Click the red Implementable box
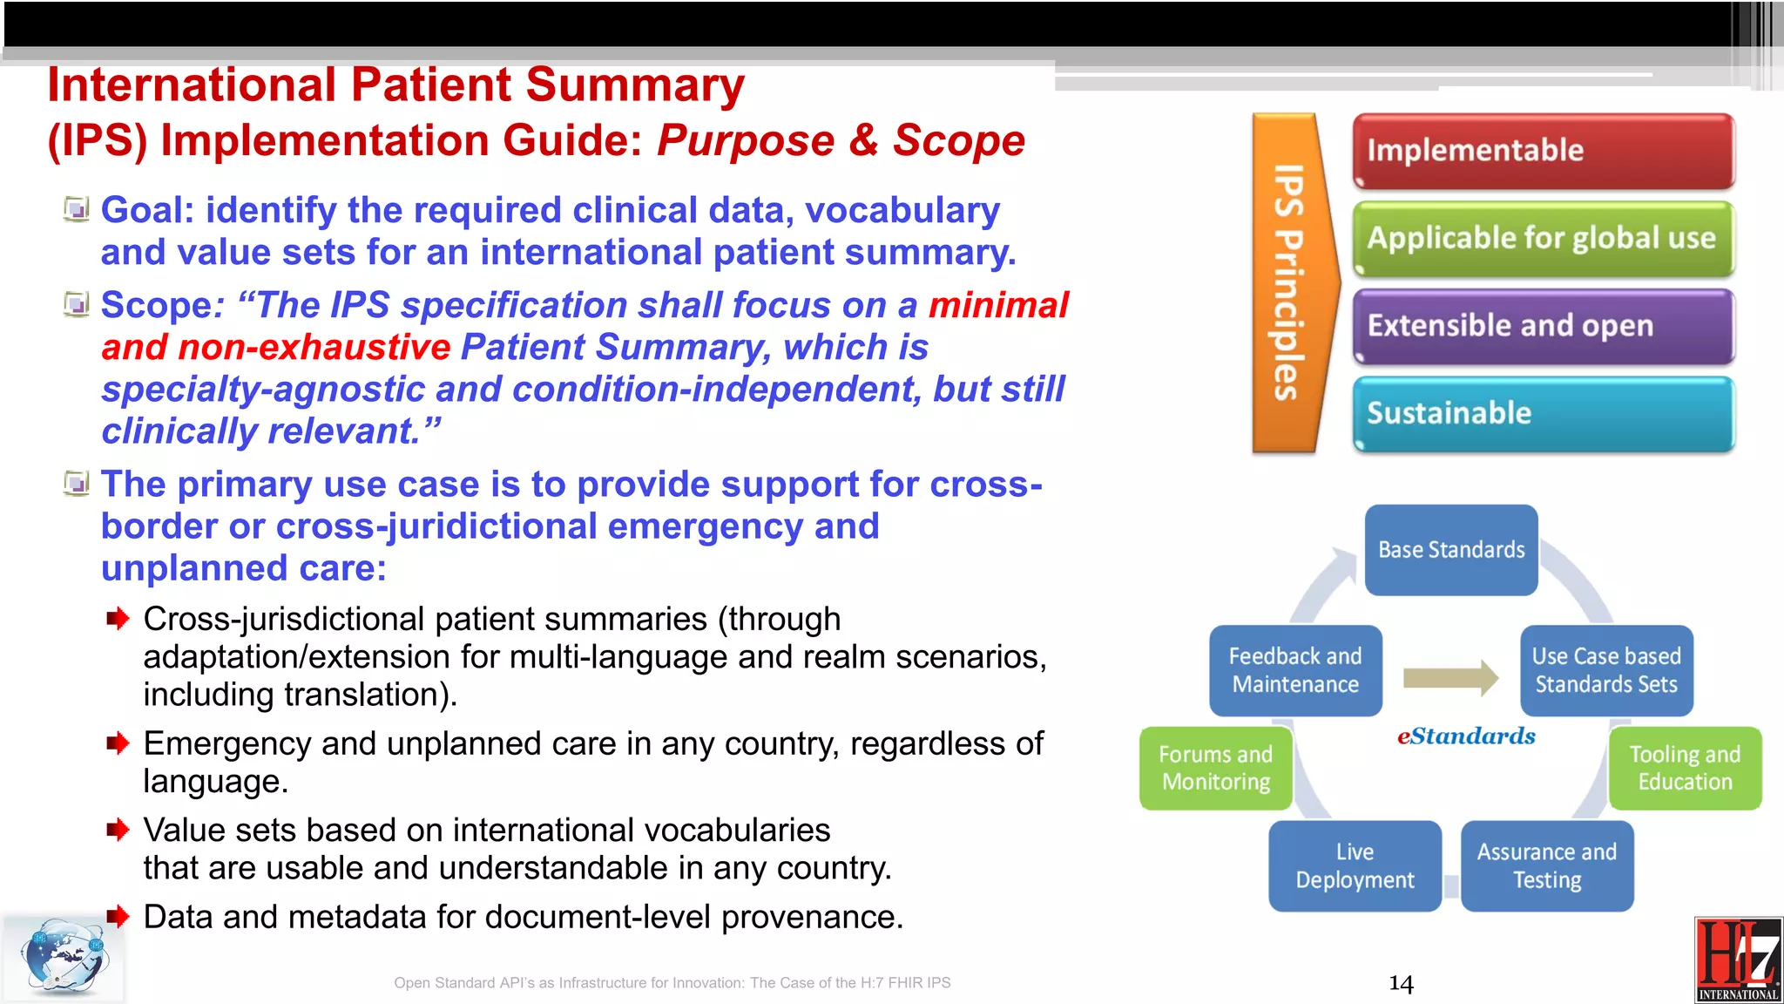pyautogui.click(x=1543, y=151)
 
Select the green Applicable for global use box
pyautogui.click(x=1543, y=238)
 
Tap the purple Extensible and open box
pyautogui.click(x=1543, y=326)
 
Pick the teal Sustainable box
pyautogui.click(x=1543, y=413)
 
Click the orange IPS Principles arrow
pyautogui.click(x=1290, y=282)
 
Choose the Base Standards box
pyautogui.click(x=1451, y=550)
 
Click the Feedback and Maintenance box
pyautogui.click(x=1295, y=670)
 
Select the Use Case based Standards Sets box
pyautogui.click(x=1606, y=670)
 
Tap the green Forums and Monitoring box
pyautogui.click(x=1215, y=768)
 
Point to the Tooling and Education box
pyautogui.click(x=1685, y=768)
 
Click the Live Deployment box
pyautogui.click(x=1355, y=865)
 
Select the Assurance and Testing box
pyautogui.click(x=1546, y=865)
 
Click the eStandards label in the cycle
pyautogui.click(x=1466, y=736)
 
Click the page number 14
pyautogui.click(x=1401, y=984)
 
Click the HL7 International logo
pyautogui.click(x=1738, y=960)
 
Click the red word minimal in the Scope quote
pyautogui.click(x=997, y=305)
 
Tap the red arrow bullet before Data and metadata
pyautogui.click(x=118, y=916)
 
